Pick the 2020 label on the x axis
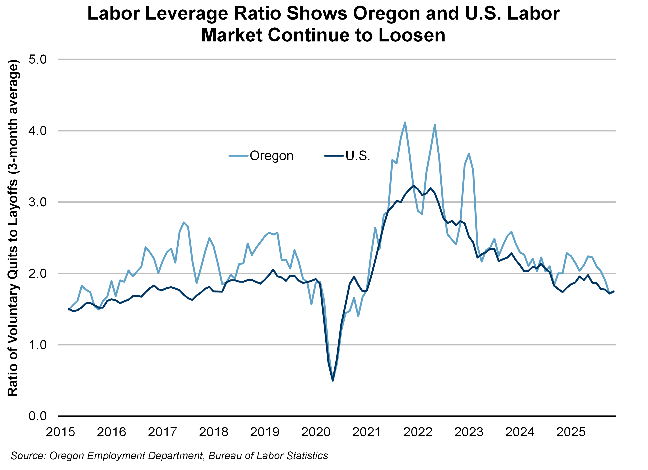[316, 432]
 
